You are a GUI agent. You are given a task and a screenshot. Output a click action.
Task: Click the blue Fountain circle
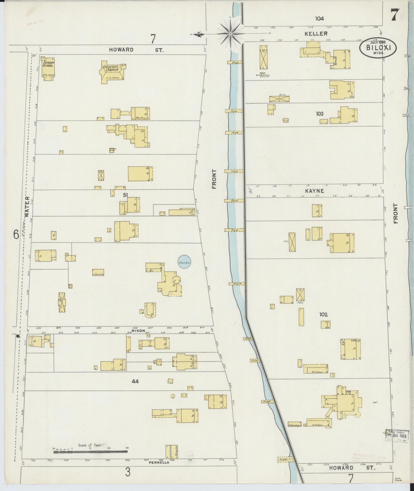coord(184,262)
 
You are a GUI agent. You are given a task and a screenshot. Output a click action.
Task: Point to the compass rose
coord(230,34)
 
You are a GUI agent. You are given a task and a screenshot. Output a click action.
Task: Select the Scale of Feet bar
coord(90,451)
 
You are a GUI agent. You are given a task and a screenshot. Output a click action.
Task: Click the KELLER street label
coord(316,34)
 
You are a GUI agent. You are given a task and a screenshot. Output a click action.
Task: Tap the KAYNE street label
coord(314,191)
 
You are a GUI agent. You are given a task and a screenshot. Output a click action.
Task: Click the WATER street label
coord(27,207)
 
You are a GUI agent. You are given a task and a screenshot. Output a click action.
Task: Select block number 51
coord(125,195)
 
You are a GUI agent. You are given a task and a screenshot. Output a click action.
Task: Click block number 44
coord(135,381)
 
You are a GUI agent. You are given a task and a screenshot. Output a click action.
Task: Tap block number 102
coord(323,314)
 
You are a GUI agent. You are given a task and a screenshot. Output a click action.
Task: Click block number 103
coord(319,114)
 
